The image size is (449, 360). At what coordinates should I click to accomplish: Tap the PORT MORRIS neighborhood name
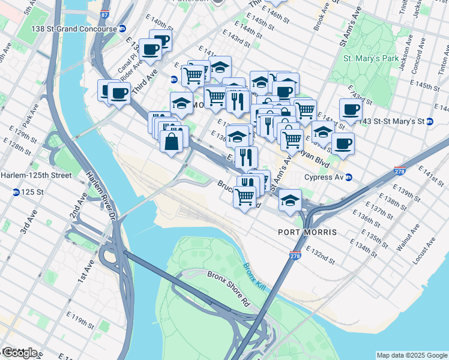tap(307, 232)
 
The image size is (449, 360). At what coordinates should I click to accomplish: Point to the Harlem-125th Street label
tap(35, 175)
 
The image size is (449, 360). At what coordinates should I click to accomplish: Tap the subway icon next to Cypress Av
tap(355, 177)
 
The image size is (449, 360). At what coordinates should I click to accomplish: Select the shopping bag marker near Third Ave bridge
tap(172, 142)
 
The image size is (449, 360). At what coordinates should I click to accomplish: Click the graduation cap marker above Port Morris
tap(290, 200)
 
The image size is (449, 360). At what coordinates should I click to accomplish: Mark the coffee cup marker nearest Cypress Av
tap(343, 144)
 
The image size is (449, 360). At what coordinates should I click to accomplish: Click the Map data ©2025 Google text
tap(412, 355)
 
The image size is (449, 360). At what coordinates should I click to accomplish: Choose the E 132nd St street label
tap(320, 254)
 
